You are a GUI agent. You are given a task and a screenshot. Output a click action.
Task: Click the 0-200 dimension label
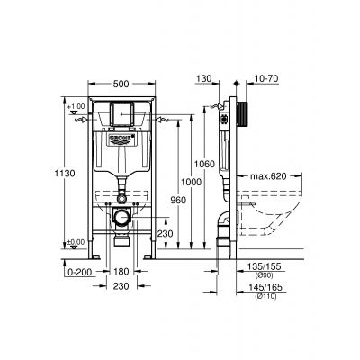tap(78, 270)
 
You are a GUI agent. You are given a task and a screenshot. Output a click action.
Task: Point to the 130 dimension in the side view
tap(205, 79)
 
